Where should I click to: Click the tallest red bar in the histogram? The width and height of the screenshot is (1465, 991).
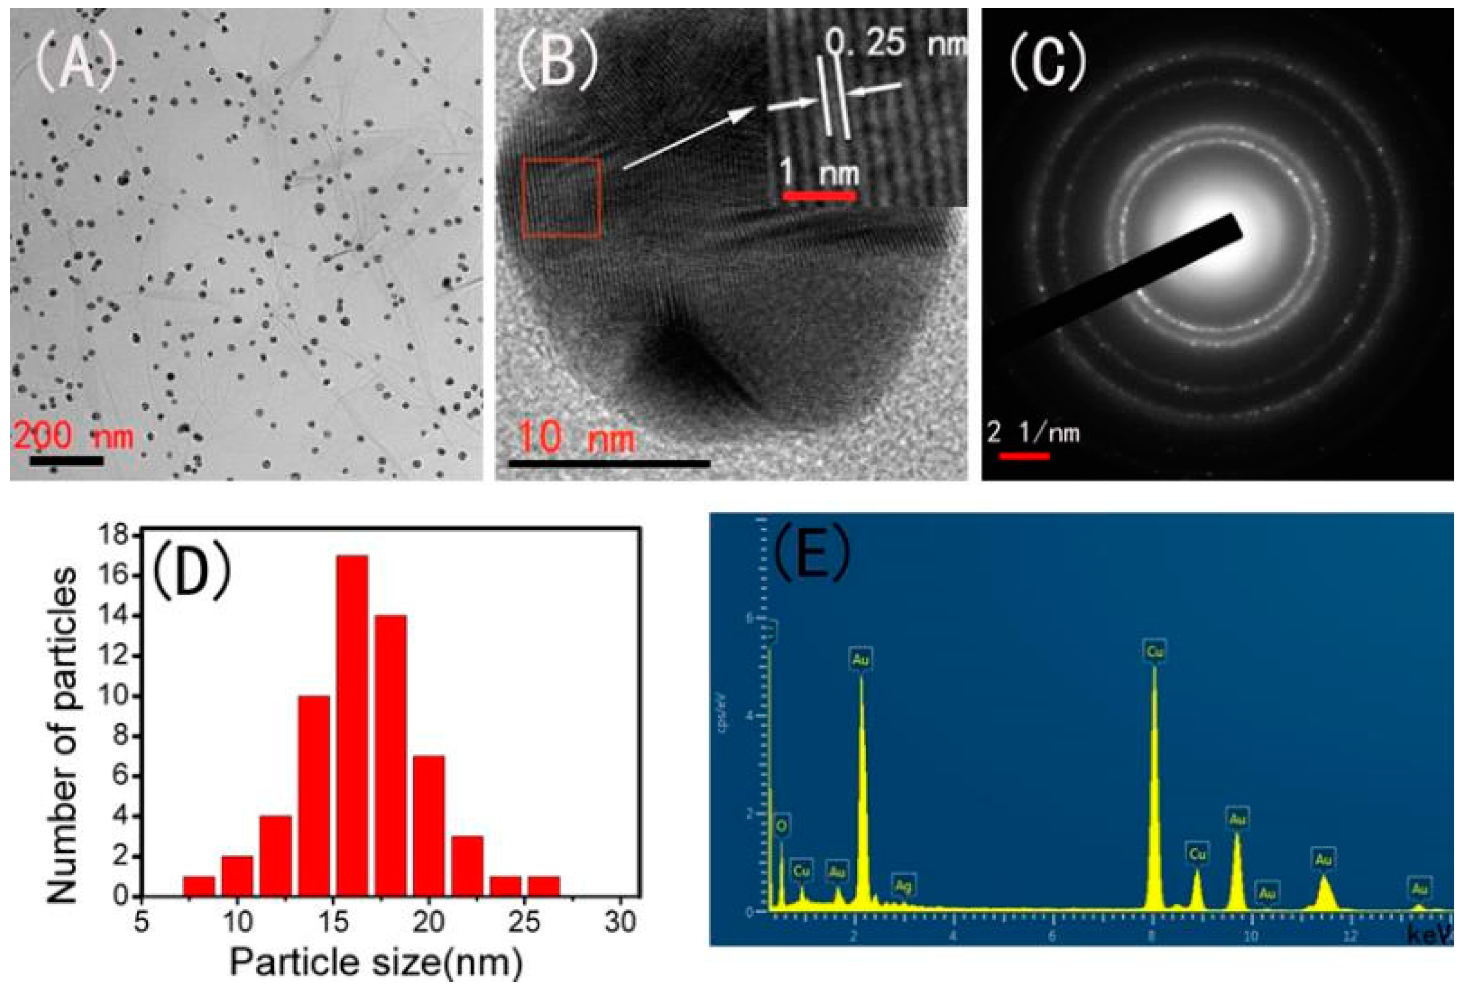(352, 725)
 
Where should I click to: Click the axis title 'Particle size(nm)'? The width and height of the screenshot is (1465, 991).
(377, 963)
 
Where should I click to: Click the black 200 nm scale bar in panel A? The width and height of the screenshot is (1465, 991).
(66, 461)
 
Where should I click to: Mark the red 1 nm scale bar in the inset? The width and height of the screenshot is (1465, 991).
(819, 196)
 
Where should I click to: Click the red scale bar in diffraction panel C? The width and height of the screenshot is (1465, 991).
(1024, 455)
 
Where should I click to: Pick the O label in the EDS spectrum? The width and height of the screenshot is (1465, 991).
(781, 826)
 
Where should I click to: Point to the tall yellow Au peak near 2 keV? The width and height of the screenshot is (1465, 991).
(862, 788)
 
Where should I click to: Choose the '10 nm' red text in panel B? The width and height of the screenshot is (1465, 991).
(575, 437)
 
